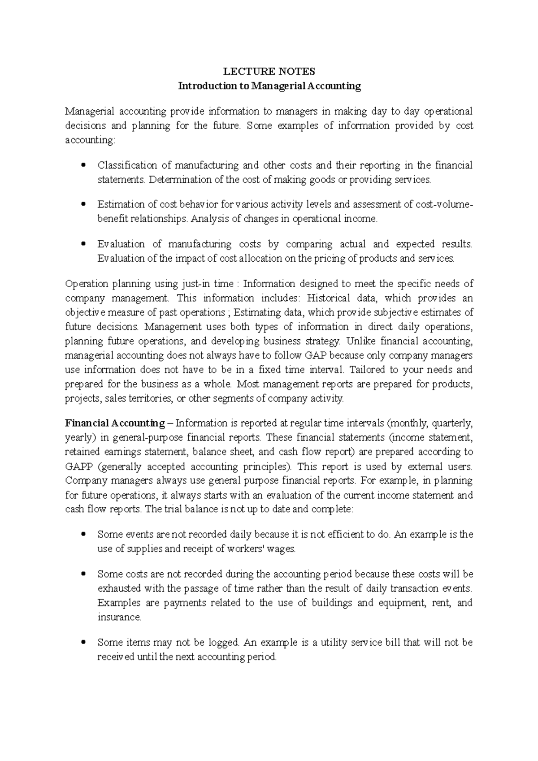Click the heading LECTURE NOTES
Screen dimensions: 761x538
269,71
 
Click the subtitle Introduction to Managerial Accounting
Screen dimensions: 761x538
269,86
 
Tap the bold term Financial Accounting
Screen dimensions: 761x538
115,423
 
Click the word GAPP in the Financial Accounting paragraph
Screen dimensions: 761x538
78,466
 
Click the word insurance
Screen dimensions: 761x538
119,617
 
